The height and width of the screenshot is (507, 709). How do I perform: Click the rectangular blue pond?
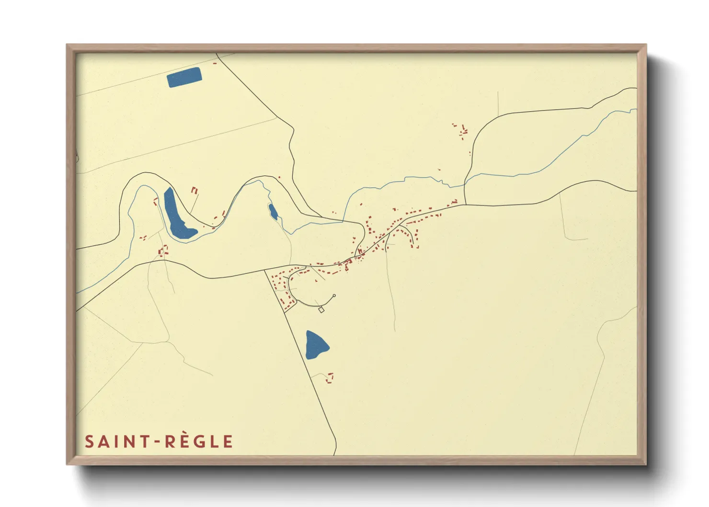point(184,77)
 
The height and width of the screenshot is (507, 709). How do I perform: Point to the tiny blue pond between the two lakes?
point(273,211)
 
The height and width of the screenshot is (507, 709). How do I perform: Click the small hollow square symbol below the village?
point(321,310)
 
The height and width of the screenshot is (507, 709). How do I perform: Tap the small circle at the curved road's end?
point(334,296)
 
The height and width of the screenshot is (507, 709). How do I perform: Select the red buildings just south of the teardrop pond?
point(330,378)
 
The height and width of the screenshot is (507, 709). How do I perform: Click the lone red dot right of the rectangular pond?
point(215,63)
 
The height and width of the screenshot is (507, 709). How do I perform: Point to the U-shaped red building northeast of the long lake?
point(194,190)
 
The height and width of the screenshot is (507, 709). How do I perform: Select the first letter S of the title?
point(89,442)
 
